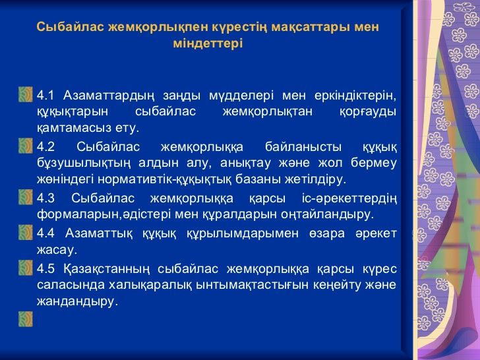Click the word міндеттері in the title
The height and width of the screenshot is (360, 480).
pos(208,44)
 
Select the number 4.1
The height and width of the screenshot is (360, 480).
pos(45,96)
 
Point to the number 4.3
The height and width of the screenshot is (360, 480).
pos(45,198)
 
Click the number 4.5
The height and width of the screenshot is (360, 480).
pos(45,269)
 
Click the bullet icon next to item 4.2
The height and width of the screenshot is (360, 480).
pos(26,146)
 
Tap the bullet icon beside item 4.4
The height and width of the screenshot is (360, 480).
pos(26,233)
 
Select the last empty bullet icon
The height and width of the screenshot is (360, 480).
pos(26,319)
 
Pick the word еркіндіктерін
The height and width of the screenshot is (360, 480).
pos(355,96)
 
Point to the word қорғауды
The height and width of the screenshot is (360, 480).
pos(368,112)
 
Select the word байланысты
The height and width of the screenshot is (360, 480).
pos(303,147)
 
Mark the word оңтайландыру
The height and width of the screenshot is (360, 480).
pos(328,214)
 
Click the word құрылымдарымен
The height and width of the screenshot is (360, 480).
pos(243,234)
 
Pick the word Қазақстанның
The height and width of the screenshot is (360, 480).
pos(107,270)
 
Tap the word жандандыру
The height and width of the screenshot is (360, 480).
pos(77,302)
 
